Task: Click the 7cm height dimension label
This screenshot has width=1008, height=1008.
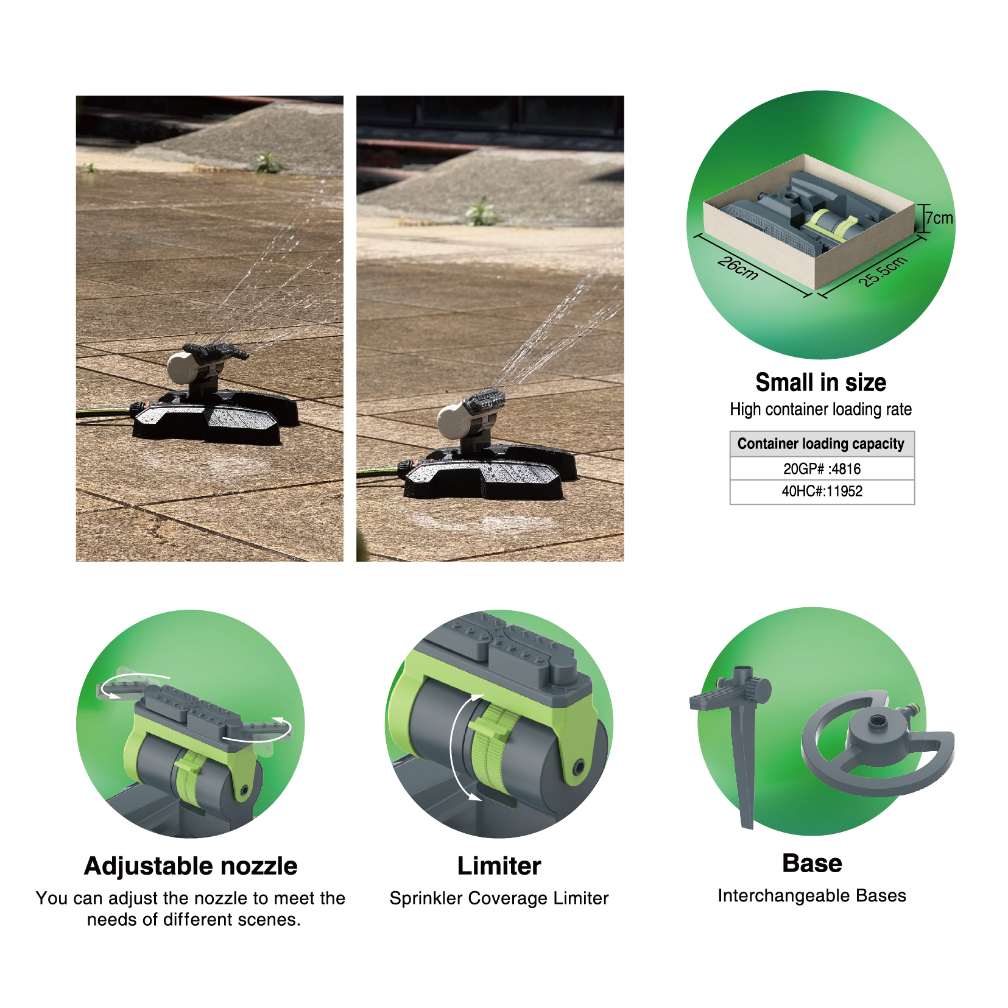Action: tap(939, 218)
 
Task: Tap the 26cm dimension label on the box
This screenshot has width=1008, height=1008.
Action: tap(738, 268)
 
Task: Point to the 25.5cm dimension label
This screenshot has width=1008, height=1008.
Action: tap(883, 271)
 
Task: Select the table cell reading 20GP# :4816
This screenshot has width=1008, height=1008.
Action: tap(822, 468)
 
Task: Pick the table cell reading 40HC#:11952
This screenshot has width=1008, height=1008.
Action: tap(822, 492)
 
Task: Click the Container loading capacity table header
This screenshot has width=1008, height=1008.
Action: tap(822, 444)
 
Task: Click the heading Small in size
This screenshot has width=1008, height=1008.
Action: tap(820, 382)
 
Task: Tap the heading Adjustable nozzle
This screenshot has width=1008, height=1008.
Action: tap(191, 866)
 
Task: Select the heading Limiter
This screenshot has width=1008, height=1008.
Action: tap(499, 865)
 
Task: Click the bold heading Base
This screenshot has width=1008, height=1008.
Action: tap(812, 863)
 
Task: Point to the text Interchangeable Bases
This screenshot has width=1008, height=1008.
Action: tap(812, 895)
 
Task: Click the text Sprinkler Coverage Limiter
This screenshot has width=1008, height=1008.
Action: tap(499, 898)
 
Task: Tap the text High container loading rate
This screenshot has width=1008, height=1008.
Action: tap(820, 409)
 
